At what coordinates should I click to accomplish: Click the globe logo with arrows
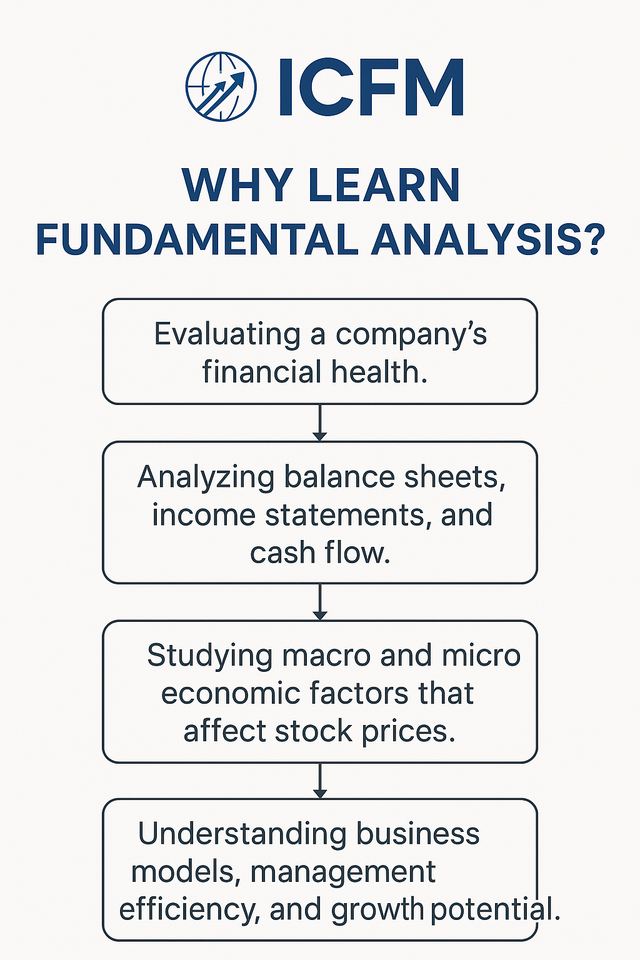[221, 86]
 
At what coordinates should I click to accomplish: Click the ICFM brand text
[371, 87]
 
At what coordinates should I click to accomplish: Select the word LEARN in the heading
[384, 185]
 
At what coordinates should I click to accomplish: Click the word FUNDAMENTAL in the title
[197, 240]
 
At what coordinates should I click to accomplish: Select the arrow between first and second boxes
[320, 423]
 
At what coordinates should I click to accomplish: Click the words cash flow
[320, 552]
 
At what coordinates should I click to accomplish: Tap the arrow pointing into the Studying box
[320, 602]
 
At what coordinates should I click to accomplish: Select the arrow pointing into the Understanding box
[320, 781]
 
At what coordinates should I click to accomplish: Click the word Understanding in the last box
[242, 834]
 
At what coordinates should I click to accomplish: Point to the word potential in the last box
[494, 909]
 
